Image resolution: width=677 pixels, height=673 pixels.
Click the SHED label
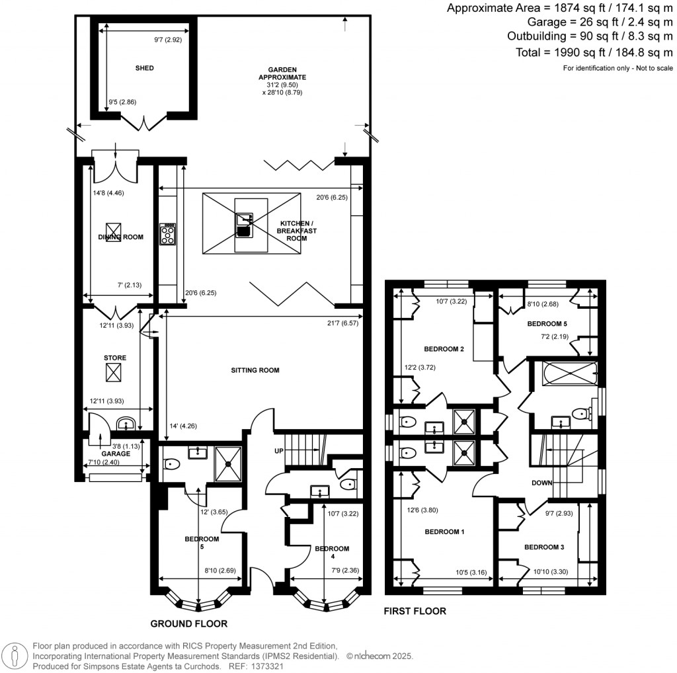145,67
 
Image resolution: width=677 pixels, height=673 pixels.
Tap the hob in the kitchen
168,235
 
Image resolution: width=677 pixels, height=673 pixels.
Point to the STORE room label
115,358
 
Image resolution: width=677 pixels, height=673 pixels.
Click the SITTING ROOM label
255,370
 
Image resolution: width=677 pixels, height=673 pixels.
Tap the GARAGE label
116,454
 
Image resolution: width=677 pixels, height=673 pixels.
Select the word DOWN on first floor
542,483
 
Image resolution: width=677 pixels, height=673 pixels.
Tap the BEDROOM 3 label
544,547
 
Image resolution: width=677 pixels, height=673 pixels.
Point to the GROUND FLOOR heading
189,623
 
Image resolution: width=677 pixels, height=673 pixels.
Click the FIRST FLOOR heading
415,611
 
